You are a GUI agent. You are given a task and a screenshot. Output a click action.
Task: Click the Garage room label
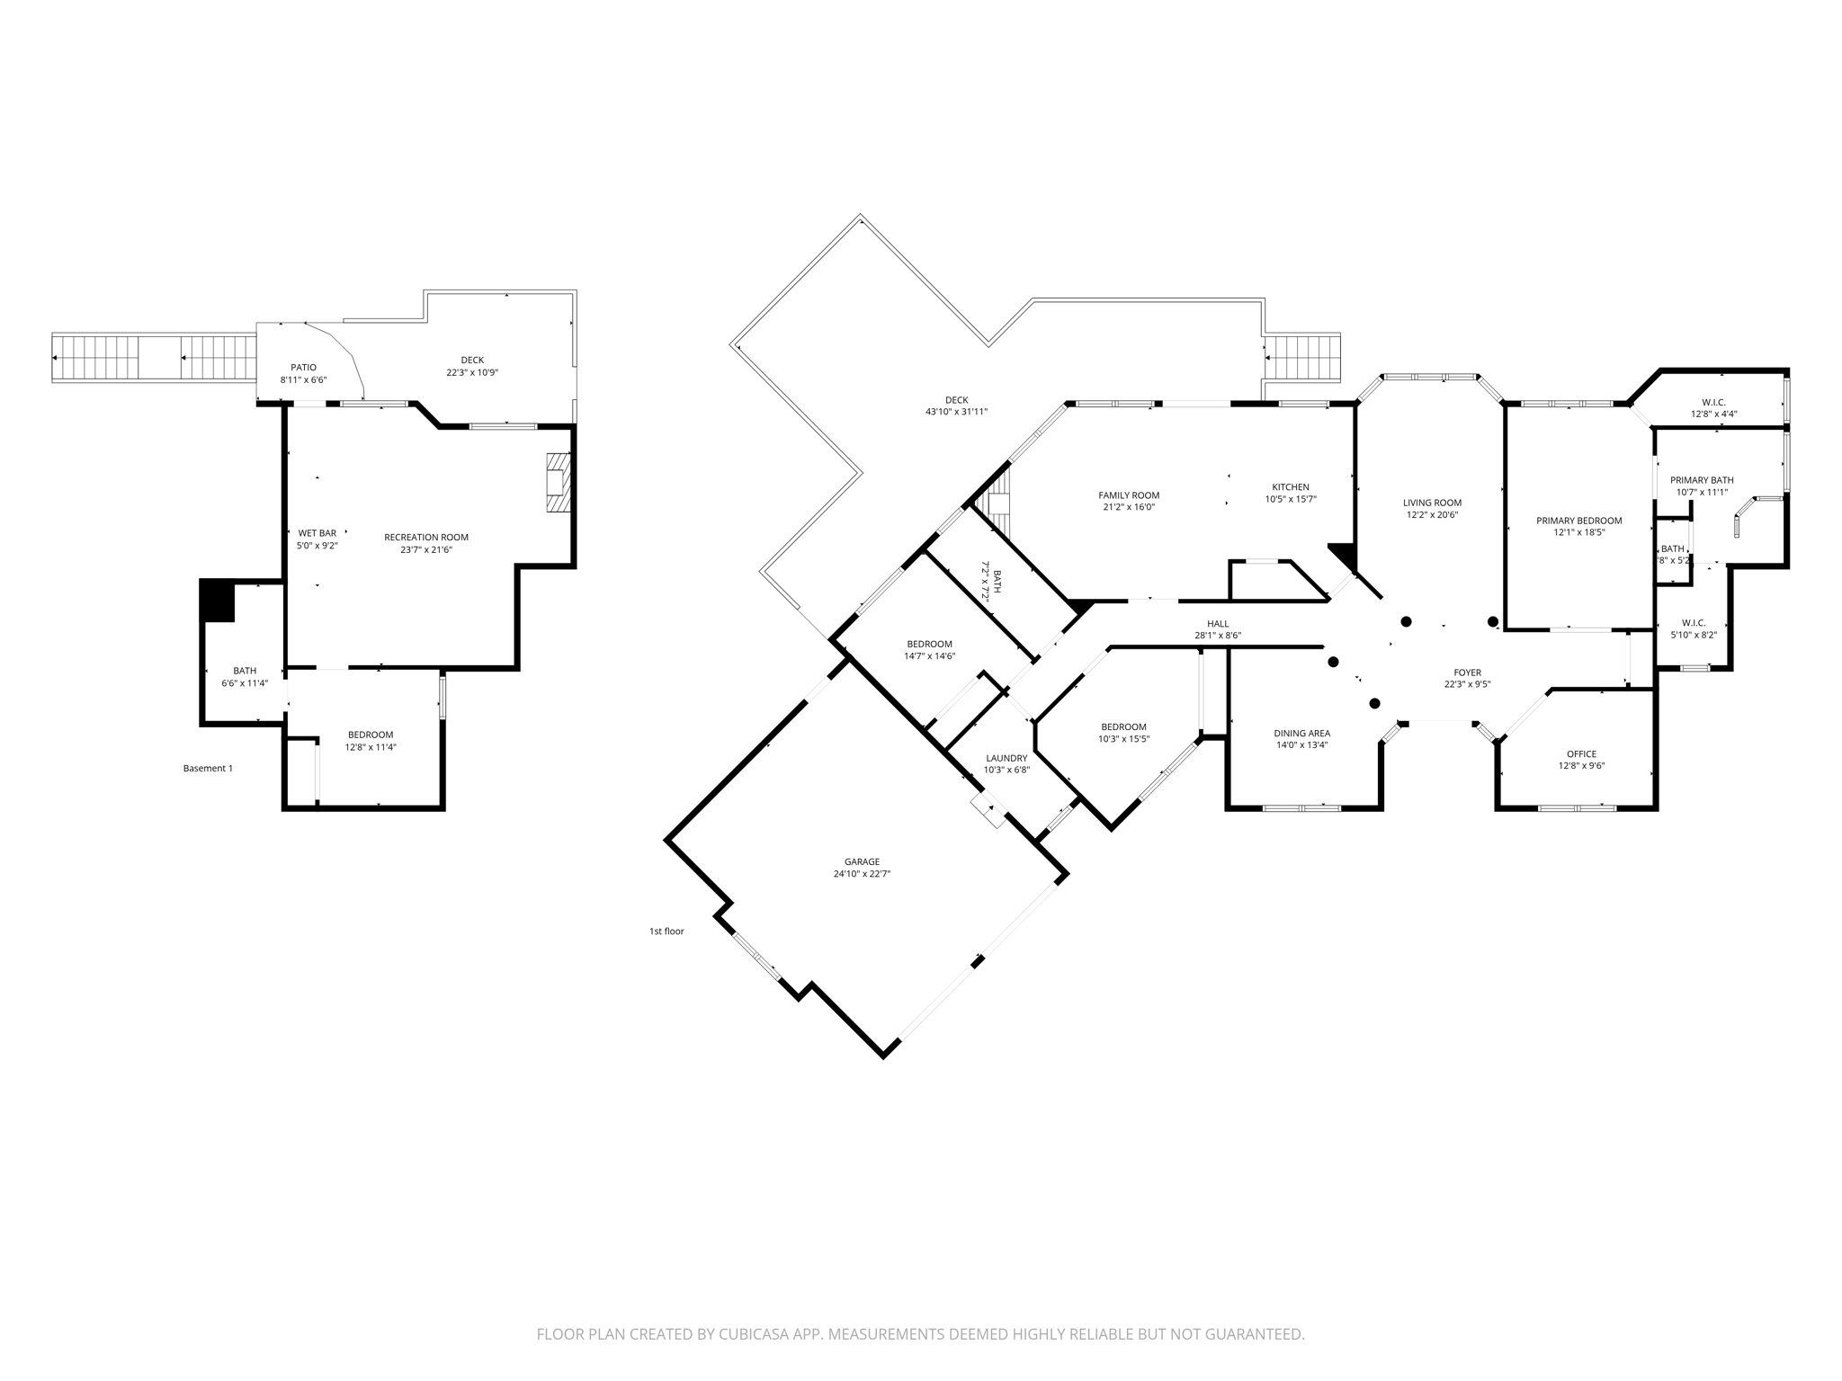pyautogui.click(x=861, y=861)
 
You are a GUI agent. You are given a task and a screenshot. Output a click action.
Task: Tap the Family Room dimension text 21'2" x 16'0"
pyautogui.click(x=1129, y=507)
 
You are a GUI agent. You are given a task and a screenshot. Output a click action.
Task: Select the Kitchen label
pyautogui.click(x=1291, y=487)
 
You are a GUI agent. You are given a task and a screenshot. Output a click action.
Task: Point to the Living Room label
pyautogui.click(x=1432, y=503)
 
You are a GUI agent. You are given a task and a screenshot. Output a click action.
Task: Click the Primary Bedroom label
pyautogui.click(x=1578, y=521)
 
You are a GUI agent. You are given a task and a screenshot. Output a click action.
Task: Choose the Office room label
pyautogui.click(x=1581, y=754)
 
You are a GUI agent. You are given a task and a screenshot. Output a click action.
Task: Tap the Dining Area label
pyautogui.click(x=1301, y=733)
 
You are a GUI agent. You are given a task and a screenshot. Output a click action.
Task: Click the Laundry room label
pyautogui.click(x=1006, y=758)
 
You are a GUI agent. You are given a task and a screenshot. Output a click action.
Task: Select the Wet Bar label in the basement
pyautogui.click(x=317, y=533)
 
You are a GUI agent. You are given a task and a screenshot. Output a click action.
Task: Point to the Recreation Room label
pyautogui.click(x=426, y=538)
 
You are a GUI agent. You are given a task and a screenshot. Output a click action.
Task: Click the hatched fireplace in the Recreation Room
pyautogui.click(x=559, y=483)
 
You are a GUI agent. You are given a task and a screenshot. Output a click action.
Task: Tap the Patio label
pyautogui.click(x=303, y=367)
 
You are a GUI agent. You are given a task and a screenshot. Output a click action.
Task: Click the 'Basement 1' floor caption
pyautogui.click(x=208, y=768)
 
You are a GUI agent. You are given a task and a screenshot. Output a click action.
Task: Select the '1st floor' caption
pyautogui.click(x=666, y=931)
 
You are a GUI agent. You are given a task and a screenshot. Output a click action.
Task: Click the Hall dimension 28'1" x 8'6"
pyautogui.click(x=1218, y=636)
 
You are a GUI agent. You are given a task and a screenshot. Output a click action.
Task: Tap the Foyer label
pyautogui.click(x=1467, y=673)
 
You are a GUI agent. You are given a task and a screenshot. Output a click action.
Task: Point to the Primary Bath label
pyautogui.click(x=1702, y=480)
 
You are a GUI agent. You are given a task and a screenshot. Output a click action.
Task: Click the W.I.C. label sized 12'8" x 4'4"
pyautogui.click(x=1713, y=402)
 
